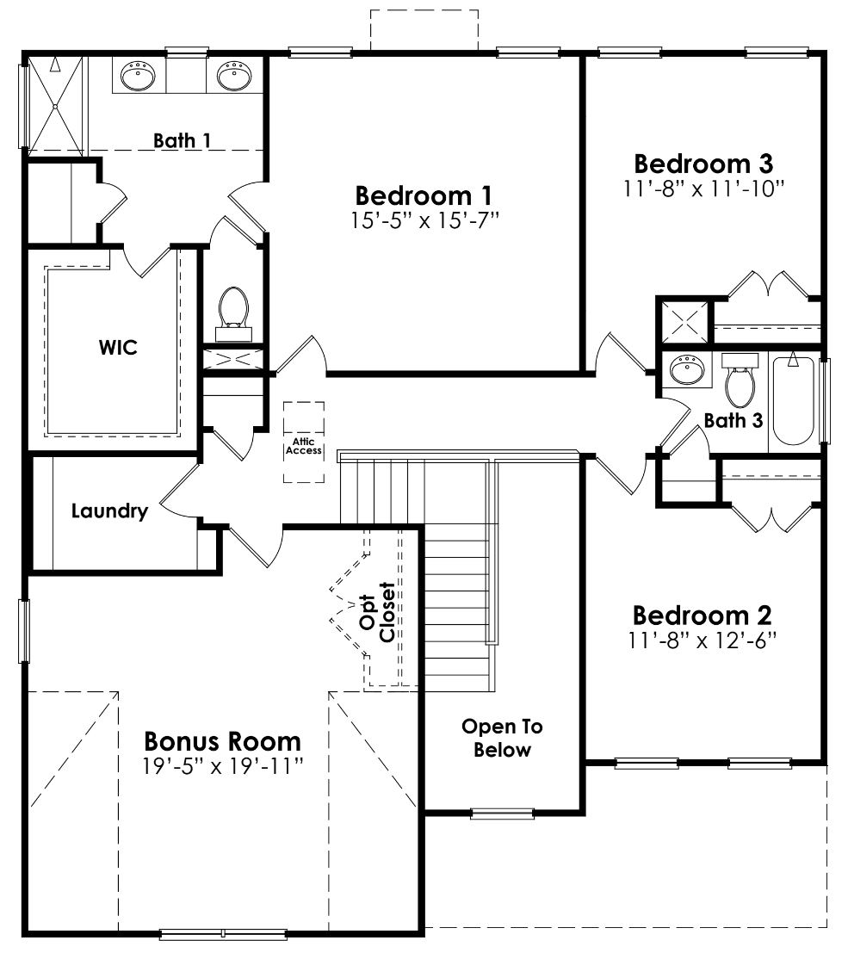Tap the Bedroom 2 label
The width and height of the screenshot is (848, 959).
(x=702, y=616)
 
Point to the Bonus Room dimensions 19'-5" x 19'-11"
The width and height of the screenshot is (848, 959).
(x=224, y=764)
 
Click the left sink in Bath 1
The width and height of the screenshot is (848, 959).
(x=138, y=77)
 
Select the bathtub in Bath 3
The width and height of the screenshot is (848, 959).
(x=793, y=400)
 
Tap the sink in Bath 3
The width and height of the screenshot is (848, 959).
(x=686, y=371)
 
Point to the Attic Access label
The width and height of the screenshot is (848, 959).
(x=304, y=446)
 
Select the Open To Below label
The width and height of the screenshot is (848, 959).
(x=502, y=738)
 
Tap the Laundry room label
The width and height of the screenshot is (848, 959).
(x=109, y=511)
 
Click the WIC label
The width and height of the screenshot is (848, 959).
(x=117, y=348)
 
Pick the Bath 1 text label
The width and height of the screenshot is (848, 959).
(x=182, y=139)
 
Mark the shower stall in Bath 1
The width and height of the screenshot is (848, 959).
(x=55, y=105)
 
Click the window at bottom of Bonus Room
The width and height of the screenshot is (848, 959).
(x=223, y=934)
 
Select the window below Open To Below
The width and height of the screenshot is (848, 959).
(x=502, y=813)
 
